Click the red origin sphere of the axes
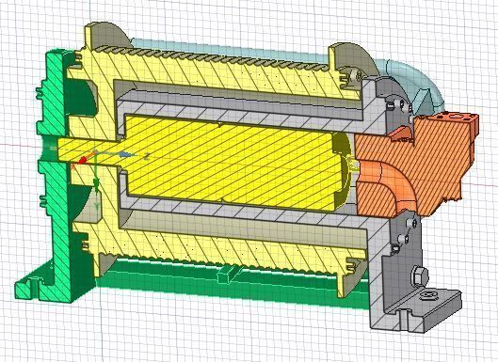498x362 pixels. (83, 161)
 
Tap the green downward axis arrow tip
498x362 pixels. (96, 205)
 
